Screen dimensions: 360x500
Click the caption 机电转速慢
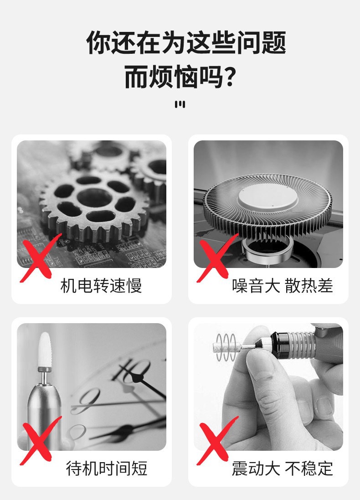tap(101, 285)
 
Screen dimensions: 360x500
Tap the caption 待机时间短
tap(107, 469)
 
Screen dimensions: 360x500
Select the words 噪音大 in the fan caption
tap(256, 285)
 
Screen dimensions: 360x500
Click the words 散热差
tap(309, 285)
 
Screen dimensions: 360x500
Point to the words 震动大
tap(256, 469)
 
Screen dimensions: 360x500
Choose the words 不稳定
tap(309, 469)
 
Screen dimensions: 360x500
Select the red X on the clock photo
tap(40, 440)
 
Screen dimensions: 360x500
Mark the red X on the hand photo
tap(217, 440)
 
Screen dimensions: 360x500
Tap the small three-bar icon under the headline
tap(180, 104)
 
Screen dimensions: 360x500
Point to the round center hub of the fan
tap(267, 200)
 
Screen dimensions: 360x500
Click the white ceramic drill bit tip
tap(44, 350)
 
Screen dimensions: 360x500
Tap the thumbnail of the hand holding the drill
tap(268, 387)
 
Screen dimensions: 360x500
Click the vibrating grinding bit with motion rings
tap(226, 347)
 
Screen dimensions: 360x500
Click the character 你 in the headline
tap(98, 42)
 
